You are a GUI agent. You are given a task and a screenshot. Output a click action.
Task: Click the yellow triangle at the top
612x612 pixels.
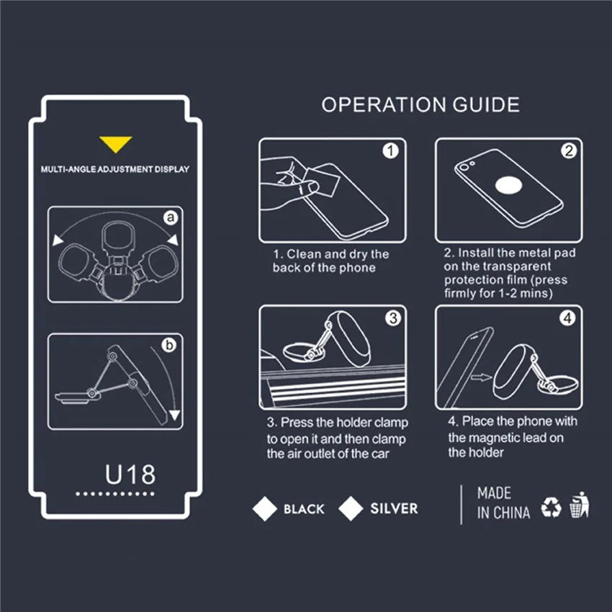(115, 143)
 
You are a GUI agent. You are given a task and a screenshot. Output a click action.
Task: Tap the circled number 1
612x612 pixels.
(390, 151)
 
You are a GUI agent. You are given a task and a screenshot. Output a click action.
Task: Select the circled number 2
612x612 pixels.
(569, 150)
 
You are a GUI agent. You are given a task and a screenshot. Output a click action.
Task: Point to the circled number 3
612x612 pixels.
(393, 318)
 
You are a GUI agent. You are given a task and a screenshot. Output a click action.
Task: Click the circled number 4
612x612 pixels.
(568, 318)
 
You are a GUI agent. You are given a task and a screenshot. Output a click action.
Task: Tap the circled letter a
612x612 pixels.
(171, 217)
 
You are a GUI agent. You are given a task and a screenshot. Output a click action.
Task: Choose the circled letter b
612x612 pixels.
(169, 346)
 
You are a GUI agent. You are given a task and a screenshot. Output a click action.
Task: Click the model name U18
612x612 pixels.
(130, 474)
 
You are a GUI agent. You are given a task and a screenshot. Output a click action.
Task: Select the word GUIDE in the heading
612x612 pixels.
(486, 104)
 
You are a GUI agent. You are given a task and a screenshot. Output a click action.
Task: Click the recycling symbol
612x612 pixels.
(551, 507)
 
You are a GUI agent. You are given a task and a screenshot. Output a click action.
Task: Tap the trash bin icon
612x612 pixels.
(580, 505)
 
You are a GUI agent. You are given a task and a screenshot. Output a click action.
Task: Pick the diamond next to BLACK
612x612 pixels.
(265, 508)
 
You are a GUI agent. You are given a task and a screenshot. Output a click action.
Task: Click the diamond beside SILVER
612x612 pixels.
(351, 508)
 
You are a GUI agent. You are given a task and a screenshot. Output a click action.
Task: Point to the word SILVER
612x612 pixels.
(394, 508)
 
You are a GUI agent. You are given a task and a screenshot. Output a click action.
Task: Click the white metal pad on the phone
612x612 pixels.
(508, 185)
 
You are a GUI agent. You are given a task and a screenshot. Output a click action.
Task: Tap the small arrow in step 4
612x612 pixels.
(481, 377)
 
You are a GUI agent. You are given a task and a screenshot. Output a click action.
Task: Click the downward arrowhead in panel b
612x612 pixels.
(174, 415)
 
